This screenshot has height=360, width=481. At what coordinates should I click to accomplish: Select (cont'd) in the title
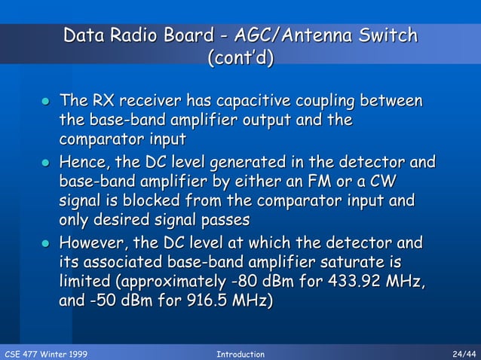click(240, 58)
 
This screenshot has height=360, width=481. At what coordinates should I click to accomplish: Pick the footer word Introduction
click(240, 354)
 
